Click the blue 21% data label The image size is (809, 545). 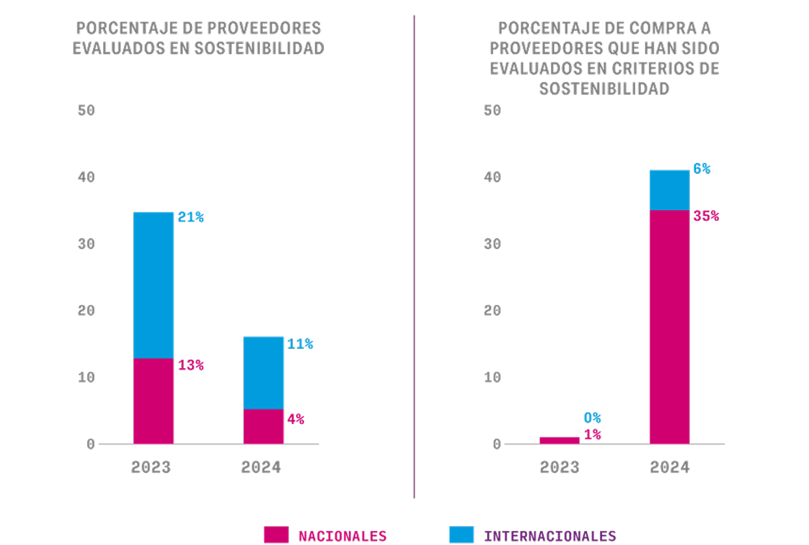190,218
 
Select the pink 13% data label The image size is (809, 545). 190,365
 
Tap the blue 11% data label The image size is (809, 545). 300,344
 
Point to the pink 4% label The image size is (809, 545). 295,420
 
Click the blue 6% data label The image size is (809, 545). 701,169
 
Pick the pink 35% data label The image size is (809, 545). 706,216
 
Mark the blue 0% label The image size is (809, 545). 592,417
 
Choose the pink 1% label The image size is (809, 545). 592,435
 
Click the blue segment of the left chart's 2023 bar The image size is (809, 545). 153,285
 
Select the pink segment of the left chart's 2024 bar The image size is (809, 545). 264,426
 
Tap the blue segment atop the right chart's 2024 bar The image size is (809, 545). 669,190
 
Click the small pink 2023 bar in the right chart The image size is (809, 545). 559,440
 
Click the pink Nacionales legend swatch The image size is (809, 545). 276,535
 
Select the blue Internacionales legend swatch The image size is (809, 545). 461,535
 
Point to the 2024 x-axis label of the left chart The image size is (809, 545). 261,467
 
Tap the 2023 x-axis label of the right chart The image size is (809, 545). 559,467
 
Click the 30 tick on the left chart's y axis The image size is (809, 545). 86,244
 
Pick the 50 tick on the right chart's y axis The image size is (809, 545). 492,110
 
